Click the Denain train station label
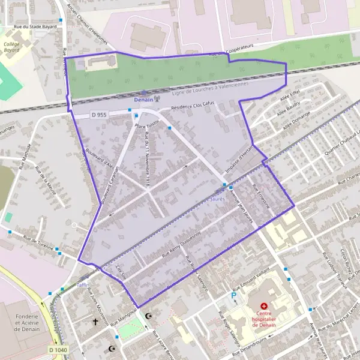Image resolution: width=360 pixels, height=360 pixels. pyautogui.click(x=143, y=99)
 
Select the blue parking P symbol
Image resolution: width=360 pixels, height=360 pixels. pyautogui.click(x=234, y=295)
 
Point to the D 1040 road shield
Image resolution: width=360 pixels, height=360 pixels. pyautogui.click(x=58, y=349)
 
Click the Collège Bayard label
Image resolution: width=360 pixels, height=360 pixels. pyautogui.click(x=11, y=47)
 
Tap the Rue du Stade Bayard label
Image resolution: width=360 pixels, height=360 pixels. pyautogui.click(x=37, y=27)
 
